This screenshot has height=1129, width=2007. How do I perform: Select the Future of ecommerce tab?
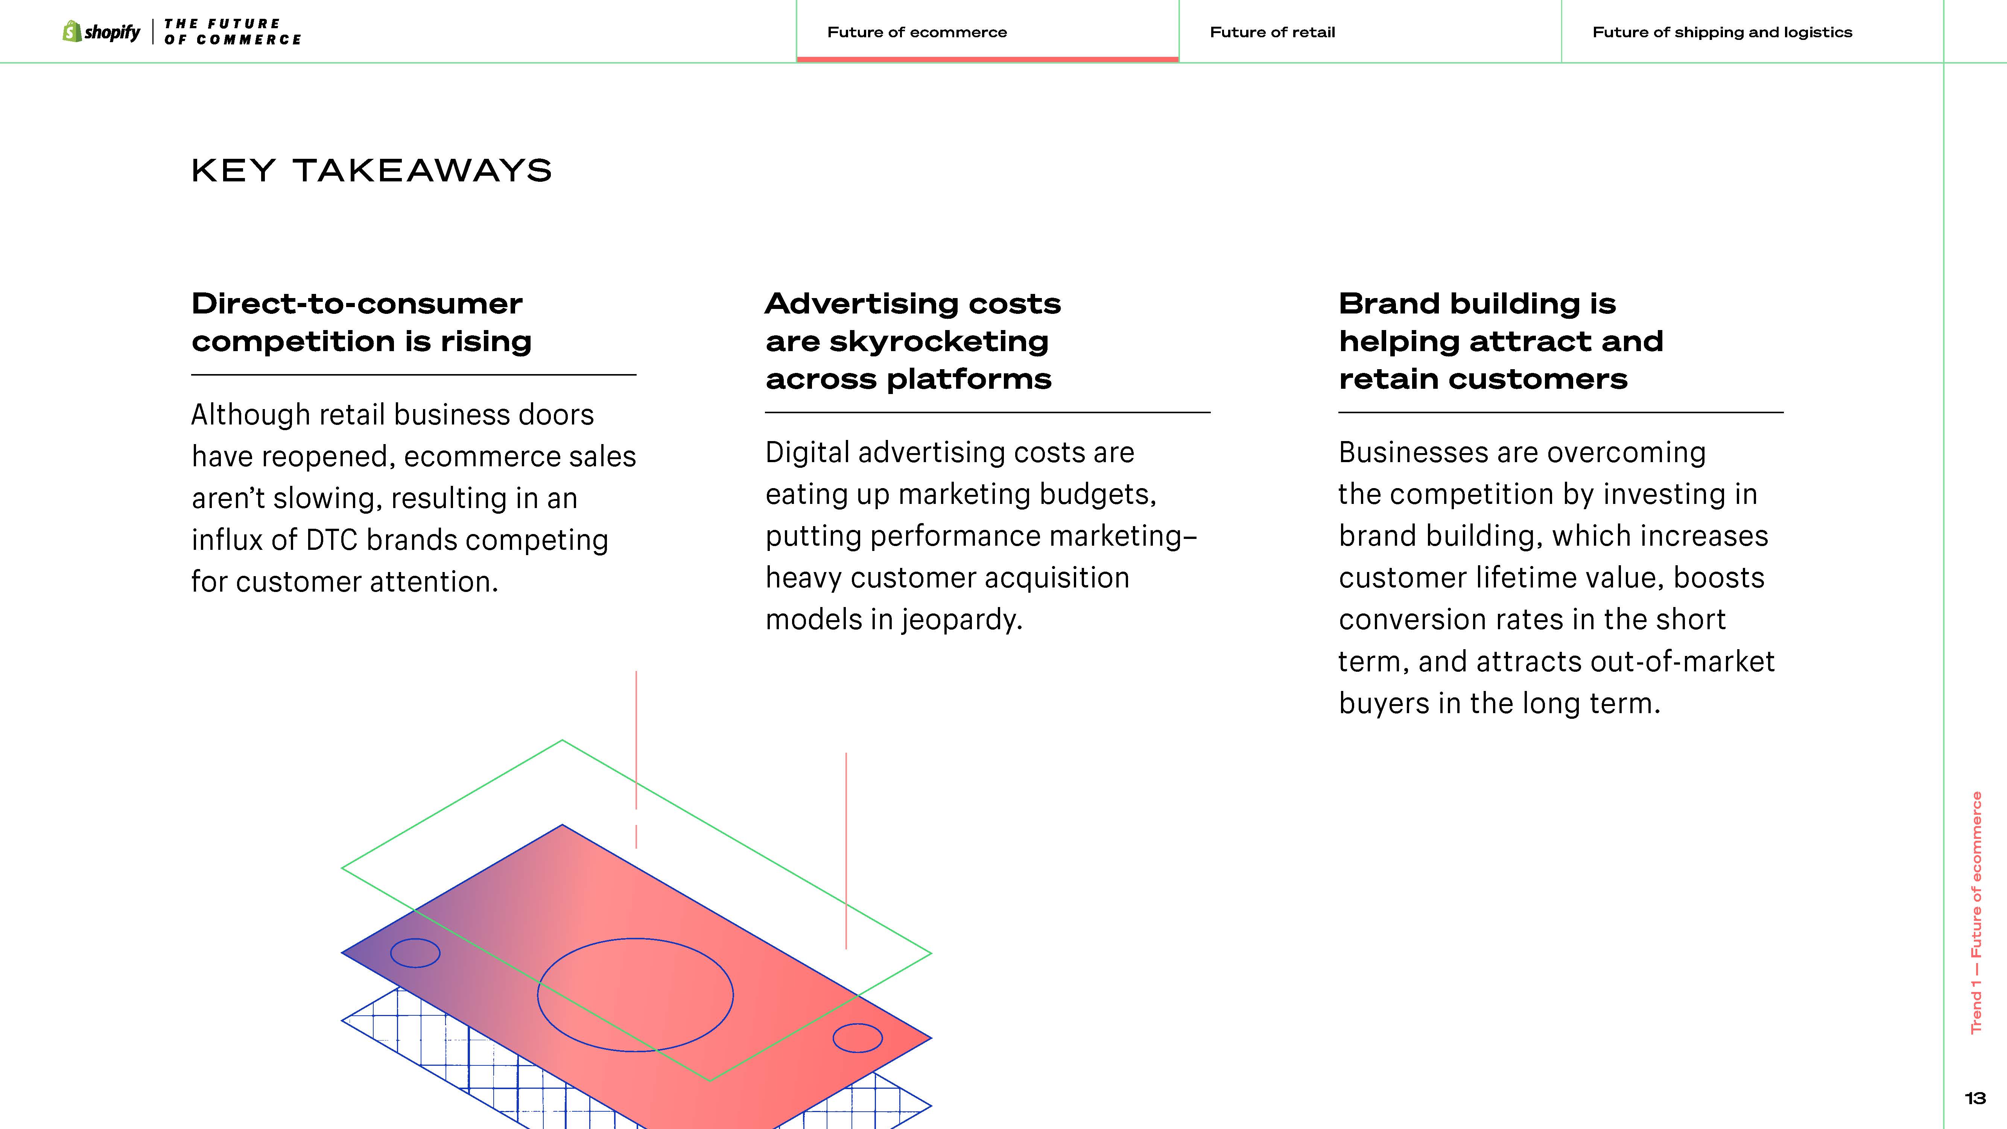(917, 32)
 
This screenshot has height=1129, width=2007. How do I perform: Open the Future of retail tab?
(1272, 32)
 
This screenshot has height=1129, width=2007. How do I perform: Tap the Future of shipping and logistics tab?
(1722, 32)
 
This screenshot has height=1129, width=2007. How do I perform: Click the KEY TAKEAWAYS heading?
(372, 170)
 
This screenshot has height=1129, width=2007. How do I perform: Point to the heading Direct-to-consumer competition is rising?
(362, 322)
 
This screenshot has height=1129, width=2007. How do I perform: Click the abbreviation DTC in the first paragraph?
(331, 540)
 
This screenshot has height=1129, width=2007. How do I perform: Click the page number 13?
(1975, 1099)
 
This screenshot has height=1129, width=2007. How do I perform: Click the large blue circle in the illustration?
(538, 994)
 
